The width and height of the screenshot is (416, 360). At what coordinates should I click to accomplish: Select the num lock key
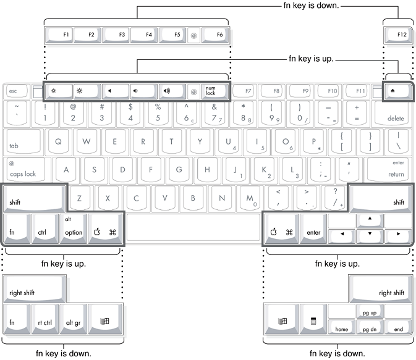[x=211, y=91]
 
